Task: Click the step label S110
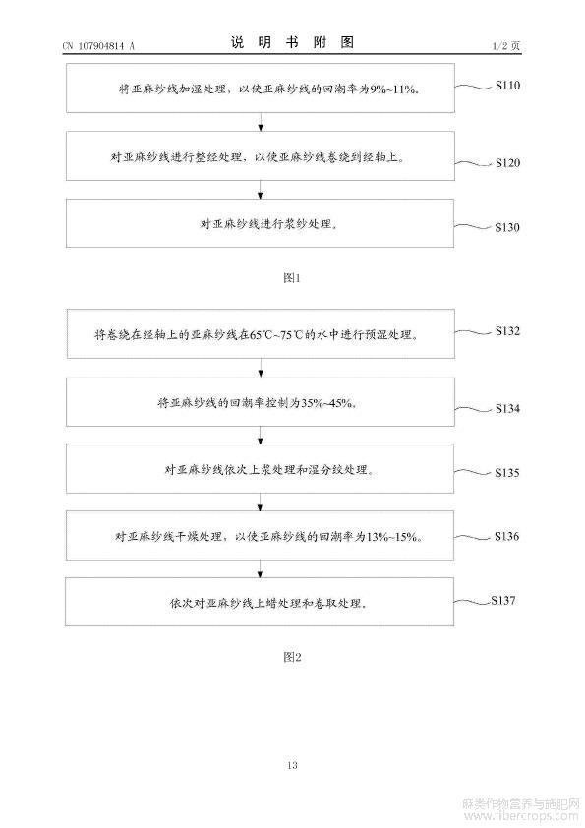(507, 85)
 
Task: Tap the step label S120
(507, 162)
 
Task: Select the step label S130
(507, 227)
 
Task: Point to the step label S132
(507, 331)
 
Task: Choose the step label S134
(507, 408)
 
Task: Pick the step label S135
(507, 473)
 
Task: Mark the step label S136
(507, 536)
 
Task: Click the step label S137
(503, 600)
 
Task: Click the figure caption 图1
(292, 277)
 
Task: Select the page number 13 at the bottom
(292, 765)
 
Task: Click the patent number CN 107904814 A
(98, 46)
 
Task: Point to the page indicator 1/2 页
(506, 46)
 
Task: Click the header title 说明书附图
(292, 42)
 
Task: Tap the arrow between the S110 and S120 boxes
(261, 122)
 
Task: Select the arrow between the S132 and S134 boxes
(261, 368)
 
